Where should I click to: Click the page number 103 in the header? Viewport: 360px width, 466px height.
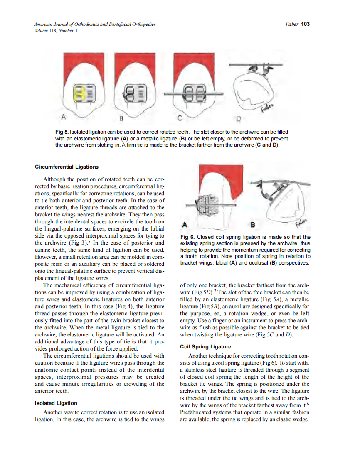306,24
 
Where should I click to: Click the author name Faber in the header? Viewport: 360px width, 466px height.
292,24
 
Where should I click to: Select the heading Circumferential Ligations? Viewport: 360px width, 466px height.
67,167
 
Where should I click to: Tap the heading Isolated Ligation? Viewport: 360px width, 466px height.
56,403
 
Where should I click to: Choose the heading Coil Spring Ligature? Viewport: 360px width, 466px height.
205,346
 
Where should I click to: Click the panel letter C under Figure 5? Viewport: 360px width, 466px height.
179,118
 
